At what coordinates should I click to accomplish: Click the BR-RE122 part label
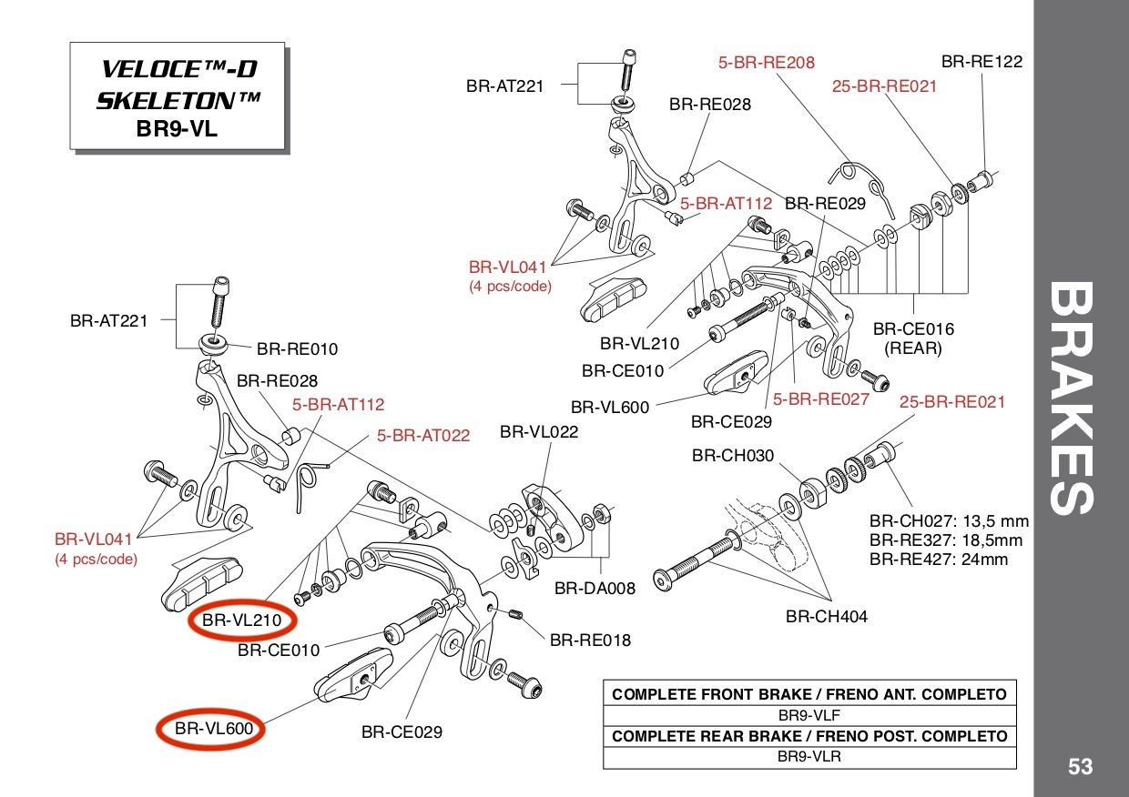[x=982, y=62]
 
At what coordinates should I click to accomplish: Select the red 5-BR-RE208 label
[x=766, y=63]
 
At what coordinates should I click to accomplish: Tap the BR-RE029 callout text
[x=825, y=204]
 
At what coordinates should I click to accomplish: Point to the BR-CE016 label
[x=913, y=329]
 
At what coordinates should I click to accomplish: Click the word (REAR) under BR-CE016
[x=913, y=348]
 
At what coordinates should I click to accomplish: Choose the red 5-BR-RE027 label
[x=821, y=398]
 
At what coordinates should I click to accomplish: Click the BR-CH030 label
[x=733, y=455]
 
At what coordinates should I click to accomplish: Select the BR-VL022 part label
[x=539, y=431]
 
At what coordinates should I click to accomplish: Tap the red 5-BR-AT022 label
[x=423, y=436]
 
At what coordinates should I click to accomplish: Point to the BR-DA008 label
[x=595, y=588]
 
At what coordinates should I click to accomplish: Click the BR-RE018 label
[x=590, y=640]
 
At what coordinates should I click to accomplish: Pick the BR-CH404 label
[x=827, y=616]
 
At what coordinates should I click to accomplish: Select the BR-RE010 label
[x=297, y=348]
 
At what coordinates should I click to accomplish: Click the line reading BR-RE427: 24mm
[x=939, y=559]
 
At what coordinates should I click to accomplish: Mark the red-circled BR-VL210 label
[x=242, y=621]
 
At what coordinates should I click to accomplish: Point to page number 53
[x=1080, y=767]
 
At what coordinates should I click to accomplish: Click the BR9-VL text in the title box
[x=177, y=127]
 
